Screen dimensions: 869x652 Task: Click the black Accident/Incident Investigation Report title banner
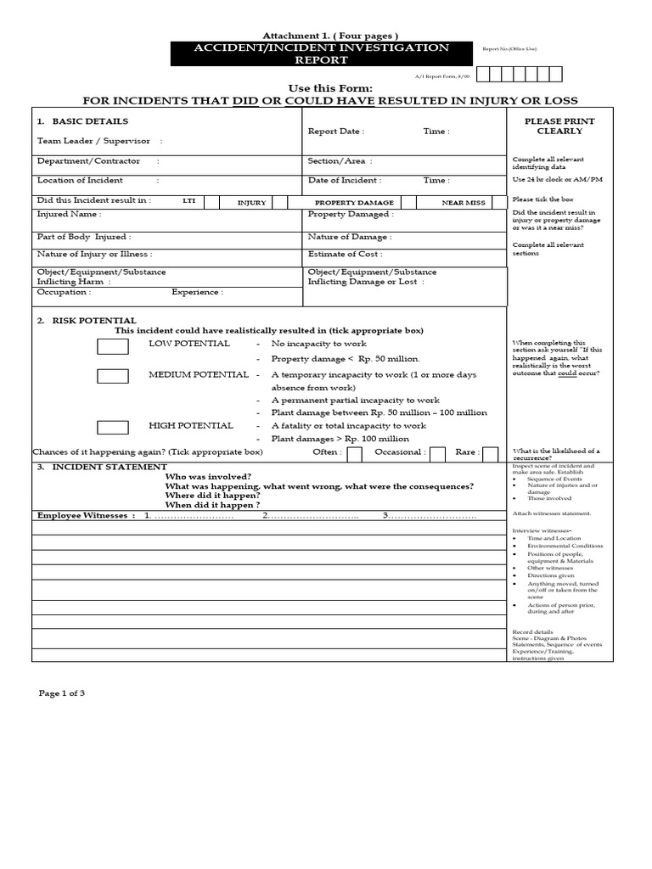322,53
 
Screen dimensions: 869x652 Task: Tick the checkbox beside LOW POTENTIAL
113,346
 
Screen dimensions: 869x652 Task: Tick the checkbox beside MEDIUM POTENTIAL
113,376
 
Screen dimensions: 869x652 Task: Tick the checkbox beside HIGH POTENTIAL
113,428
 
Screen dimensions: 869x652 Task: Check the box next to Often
354,454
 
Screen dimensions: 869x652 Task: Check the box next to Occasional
437,454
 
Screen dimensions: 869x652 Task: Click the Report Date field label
335,132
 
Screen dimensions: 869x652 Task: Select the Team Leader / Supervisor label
93,141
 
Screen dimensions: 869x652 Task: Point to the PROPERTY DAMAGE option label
354,203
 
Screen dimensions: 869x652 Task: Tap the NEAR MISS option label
464,203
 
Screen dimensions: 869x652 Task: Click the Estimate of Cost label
345,254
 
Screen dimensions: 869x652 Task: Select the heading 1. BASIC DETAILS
83,121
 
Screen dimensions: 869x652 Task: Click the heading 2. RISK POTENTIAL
87,321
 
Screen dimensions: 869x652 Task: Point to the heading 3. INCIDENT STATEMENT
101,467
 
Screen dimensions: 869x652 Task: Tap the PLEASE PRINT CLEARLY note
559,126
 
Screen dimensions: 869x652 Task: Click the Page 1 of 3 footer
62,693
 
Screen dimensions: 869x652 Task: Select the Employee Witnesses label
85,515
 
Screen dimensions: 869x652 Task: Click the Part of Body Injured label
83,238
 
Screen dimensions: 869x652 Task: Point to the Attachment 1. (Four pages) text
318,35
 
